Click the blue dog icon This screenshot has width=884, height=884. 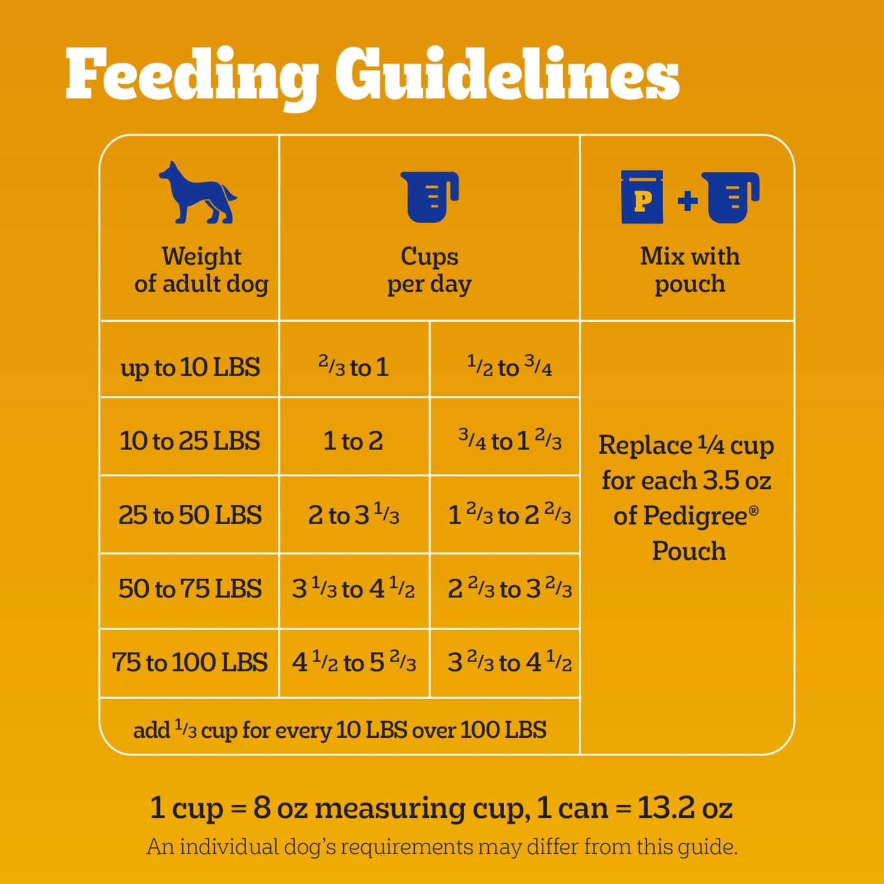coord(197,193)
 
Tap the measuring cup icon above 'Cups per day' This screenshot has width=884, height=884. coord(429,196)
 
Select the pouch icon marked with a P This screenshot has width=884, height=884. coord(642,198)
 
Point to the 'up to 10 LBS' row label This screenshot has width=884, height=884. coord(190,368)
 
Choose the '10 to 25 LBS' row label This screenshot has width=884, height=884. coord(190,441)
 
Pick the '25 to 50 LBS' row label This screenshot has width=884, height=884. coord(190,515)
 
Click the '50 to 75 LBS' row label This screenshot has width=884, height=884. coord(190,589)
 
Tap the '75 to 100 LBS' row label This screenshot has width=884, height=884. coord(190,663)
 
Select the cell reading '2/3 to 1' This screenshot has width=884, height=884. coord(354,367)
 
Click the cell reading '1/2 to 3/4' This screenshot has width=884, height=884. coord(509,367)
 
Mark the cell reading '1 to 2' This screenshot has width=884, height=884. coord(353,441)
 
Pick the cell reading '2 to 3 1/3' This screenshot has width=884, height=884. coord(354,515)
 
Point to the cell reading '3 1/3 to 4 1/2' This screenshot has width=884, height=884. coord(354,589)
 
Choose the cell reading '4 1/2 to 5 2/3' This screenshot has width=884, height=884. coord(354,663)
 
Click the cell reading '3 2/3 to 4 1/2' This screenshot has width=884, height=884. coord(509,663)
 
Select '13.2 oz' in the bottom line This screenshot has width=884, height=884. coord(685,808)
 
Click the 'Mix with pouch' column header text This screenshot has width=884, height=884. coord(689,270)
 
